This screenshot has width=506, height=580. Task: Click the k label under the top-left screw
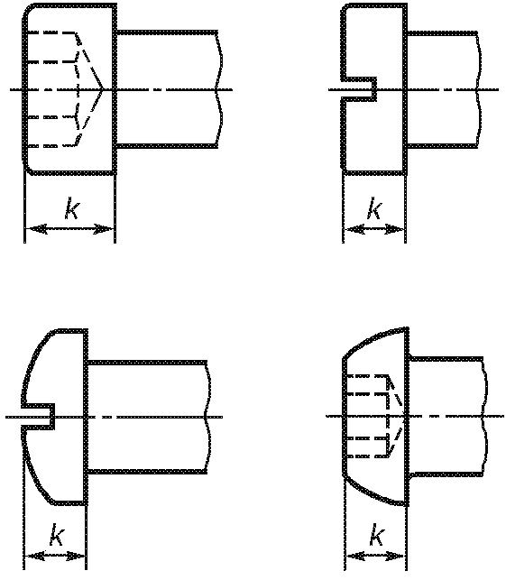coord(72,208)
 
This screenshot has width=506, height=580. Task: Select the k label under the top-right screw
coord(374,208)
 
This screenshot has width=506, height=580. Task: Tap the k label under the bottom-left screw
coord(58,535)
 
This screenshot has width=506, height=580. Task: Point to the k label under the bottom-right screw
coord(377,535)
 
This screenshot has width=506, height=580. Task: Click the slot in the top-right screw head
coord(359,89)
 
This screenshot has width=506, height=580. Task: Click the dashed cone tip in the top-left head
coord(102,89)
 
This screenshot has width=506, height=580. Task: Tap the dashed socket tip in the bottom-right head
coord(404,416)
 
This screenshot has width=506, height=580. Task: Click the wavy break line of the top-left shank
coord(219,89)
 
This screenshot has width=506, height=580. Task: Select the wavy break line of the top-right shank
coord(479,89)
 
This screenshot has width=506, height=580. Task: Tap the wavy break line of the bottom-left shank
coord(208,417)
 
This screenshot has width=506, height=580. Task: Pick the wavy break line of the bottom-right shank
coord(485,416)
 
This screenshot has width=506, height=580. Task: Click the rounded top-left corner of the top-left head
coord(27,10)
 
